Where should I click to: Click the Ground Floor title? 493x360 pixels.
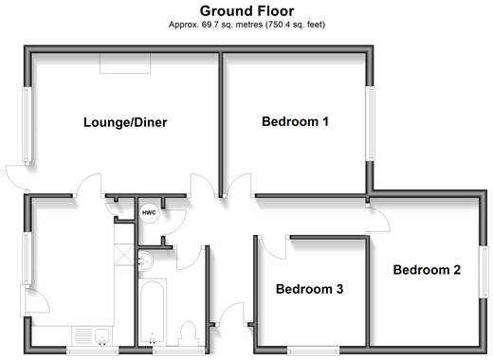[246, 11]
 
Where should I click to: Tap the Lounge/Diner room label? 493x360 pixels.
[125, 122]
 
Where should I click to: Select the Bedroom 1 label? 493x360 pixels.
[295, 121]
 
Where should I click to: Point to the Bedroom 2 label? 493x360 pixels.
[427, 270]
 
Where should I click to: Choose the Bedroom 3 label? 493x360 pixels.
[309, 289]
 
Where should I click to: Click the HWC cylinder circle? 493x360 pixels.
[149, 213]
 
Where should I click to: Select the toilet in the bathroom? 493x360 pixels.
[189, 334]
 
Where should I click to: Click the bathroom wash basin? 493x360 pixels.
[146, 261]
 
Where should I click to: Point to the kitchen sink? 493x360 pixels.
[102, 336]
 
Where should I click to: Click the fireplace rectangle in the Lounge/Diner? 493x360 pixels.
[125, 63]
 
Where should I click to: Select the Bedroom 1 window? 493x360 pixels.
[370, 123]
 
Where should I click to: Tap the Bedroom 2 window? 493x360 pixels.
[484, 272]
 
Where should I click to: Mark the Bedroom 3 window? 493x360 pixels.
[313, 350]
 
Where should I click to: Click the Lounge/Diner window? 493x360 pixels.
[27, 124]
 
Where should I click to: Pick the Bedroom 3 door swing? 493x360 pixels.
[273, 247]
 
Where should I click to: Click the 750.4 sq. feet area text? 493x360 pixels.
[295, 25]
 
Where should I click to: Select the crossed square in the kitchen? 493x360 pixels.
[124, 255]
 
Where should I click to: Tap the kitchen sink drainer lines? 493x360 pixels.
[83, 336]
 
